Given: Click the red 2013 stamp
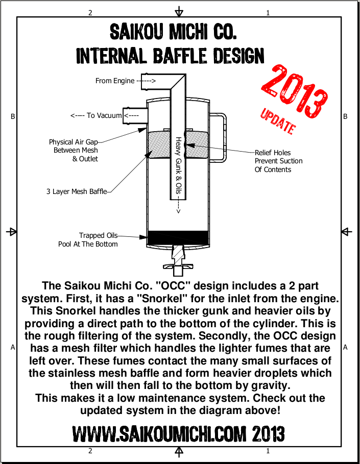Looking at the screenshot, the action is click(x=294, y=90).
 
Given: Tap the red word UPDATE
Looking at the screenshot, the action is click(x=278, y=121).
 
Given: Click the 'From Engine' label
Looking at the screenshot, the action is click(x=115, y=81).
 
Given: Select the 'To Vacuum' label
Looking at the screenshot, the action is click(x=104, y=115).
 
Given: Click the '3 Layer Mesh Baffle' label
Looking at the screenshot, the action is click(x=77, y=191).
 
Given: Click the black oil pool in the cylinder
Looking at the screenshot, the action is click(x=178, y=238).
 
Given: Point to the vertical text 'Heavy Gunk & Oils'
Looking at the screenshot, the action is click(x=178, y=165).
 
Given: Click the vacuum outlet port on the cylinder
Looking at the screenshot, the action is click(x=135, y=115).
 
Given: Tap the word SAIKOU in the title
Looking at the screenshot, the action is click(x=136, y=32).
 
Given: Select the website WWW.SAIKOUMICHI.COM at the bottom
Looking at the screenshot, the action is click(x=159, y=434).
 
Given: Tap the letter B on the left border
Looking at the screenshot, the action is click(x=13, y=116).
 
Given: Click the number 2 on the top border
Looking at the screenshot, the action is click(x=90, y=13).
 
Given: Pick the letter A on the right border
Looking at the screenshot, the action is click(x=345, y=348).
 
